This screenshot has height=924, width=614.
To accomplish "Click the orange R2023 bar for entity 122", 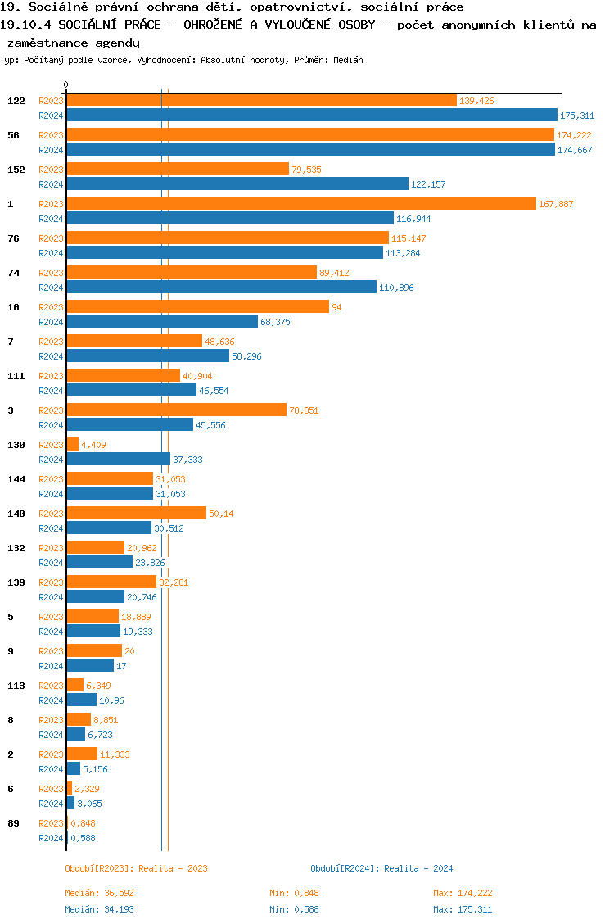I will click(x=261, y=101).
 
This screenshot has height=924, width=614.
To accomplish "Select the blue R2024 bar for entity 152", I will click(x=237, y=184).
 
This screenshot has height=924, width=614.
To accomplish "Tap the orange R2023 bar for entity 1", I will click(x=301, y=204).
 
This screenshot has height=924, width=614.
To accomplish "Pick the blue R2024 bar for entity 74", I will click(x=221, y=288).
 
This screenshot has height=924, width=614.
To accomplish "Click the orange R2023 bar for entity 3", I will click(x=176, y=410).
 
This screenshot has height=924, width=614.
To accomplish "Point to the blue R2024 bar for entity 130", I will click(x=118, y=460).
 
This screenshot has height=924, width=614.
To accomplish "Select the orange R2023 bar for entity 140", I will click(x=136, y=514).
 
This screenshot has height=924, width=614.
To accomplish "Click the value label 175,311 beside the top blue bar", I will click(x=576, y=115).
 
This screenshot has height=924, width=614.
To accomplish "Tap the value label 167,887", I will click(x=555, y=204).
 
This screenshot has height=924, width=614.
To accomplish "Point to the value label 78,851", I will click(x=304, y=410).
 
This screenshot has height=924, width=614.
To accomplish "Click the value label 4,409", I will click(x=93, y=445).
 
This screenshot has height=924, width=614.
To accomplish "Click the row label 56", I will click(x=13, y=135).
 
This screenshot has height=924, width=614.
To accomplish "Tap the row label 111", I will click(x=16, y=376).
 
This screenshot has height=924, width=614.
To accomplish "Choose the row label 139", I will click(x=16, y=582).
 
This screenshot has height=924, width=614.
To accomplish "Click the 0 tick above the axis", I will click(x=66, y=84).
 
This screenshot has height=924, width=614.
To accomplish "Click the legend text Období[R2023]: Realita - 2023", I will click(x=136, y=868).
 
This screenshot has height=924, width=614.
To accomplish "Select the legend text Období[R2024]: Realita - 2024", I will click(x=381, y=868).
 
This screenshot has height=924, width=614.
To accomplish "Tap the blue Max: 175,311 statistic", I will click(x=463, y=909).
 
